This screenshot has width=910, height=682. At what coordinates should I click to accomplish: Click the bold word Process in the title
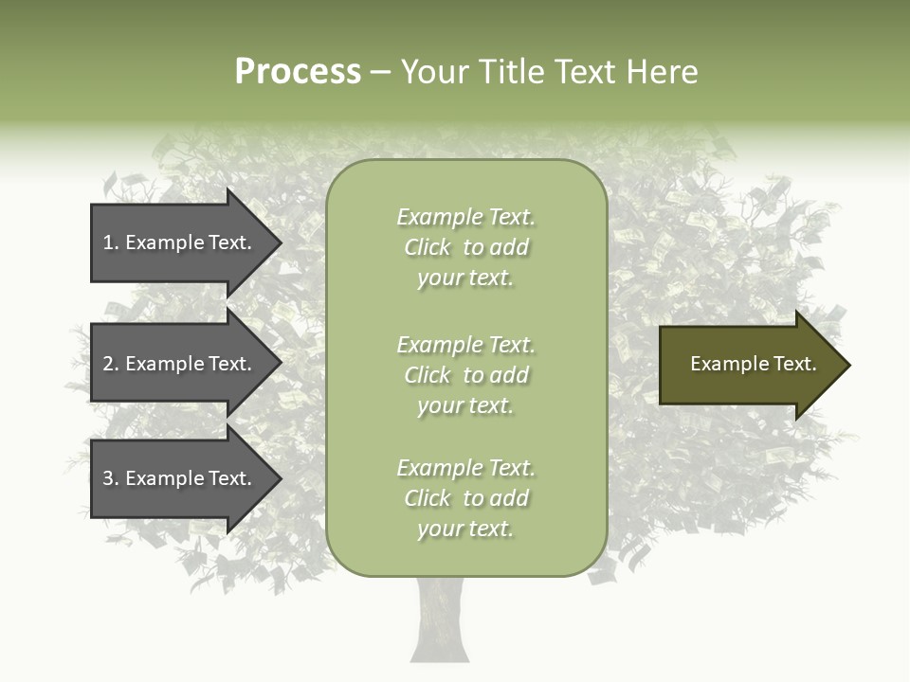click(298, 72)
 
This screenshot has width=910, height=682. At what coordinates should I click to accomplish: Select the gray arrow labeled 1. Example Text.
click(180, 242)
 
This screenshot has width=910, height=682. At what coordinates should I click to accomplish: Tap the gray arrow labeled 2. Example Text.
click(180, 364)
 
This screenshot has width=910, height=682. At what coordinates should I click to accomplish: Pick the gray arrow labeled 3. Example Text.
click(180, 478)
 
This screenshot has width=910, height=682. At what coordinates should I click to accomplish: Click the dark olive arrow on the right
click(749, 365)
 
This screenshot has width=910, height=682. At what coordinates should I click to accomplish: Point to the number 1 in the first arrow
click(108, 242)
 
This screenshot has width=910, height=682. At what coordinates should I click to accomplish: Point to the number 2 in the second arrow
click(108, 364)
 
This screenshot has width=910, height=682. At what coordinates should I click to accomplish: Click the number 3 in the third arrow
click(108, 478)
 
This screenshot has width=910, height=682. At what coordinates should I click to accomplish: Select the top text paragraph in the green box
click(466, 247)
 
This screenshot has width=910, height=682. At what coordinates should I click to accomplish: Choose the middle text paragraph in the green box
click(466, 375)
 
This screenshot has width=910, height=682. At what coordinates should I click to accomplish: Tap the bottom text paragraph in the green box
click(466, 498)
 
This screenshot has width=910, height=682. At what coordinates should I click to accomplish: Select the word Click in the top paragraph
click(428, 247)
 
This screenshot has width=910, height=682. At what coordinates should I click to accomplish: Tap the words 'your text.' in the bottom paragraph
click(465, 529)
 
